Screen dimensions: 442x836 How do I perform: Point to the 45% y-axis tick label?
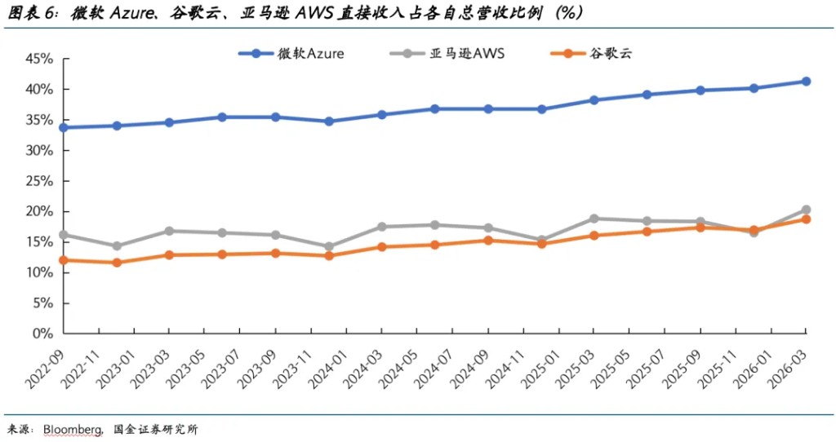(39, 59)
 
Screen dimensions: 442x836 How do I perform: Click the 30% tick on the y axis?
(39, 151)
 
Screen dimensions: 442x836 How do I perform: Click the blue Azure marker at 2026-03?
(806, 82)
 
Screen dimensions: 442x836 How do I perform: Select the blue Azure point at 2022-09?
(64, 127)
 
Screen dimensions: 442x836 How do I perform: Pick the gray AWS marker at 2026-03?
(806, 210)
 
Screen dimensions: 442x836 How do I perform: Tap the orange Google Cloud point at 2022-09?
(64, 260)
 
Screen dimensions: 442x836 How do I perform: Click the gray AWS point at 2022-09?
(64, 235)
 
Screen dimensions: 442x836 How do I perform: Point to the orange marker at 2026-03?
(806, 219)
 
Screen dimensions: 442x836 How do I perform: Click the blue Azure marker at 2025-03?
(594, 100)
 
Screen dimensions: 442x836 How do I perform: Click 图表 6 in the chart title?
(28, 14)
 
